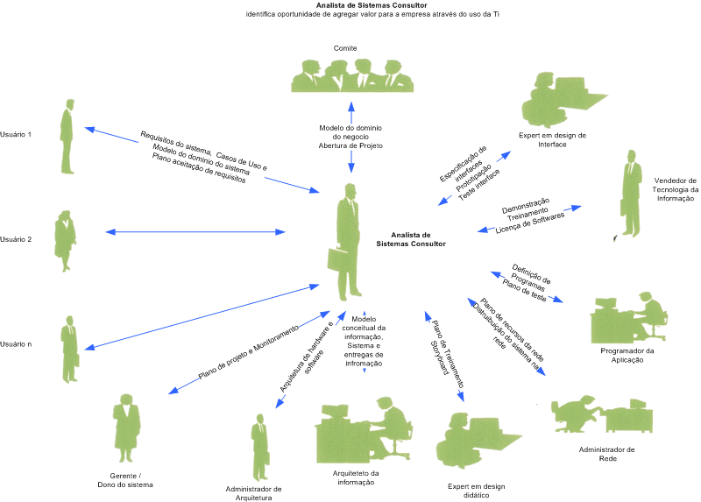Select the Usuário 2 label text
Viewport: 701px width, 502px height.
(x=16, y=239)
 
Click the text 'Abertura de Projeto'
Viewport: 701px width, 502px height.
(x=350, y=145)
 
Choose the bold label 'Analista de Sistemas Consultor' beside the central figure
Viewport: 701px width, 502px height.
(x=411, y=240)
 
